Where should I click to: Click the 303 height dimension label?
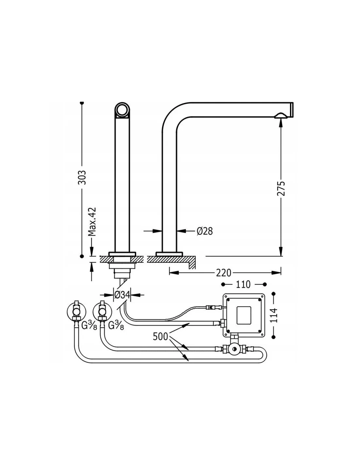(82, 177)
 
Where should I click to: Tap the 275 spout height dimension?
(281, 189)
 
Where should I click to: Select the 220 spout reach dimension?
(224, 273)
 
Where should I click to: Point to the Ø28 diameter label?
(205, 231)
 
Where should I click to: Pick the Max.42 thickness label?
(93, 221)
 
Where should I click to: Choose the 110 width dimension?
(243, 284)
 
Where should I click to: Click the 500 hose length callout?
(160, 336)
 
